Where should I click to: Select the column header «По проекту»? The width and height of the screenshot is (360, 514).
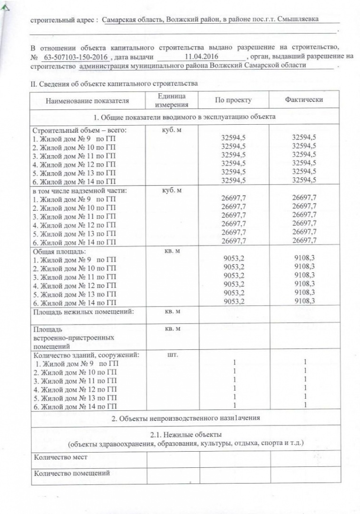[233, 100]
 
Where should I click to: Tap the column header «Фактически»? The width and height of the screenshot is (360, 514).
[304, 100]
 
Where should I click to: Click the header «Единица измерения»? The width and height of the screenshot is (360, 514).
[173, 100]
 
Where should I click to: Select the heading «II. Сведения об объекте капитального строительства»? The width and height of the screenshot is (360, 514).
[114, 84]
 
